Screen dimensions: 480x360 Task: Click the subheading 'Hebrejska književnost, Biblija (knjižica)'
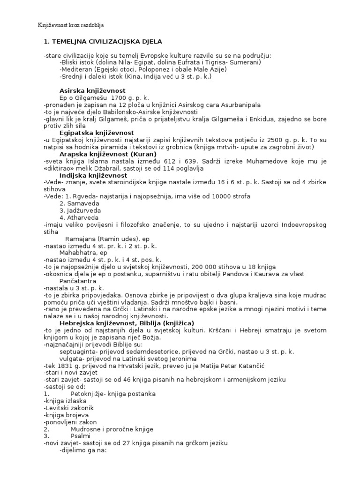click(127, 323)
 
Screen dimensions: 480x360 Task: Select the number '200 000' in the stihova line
click(201, 266)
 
